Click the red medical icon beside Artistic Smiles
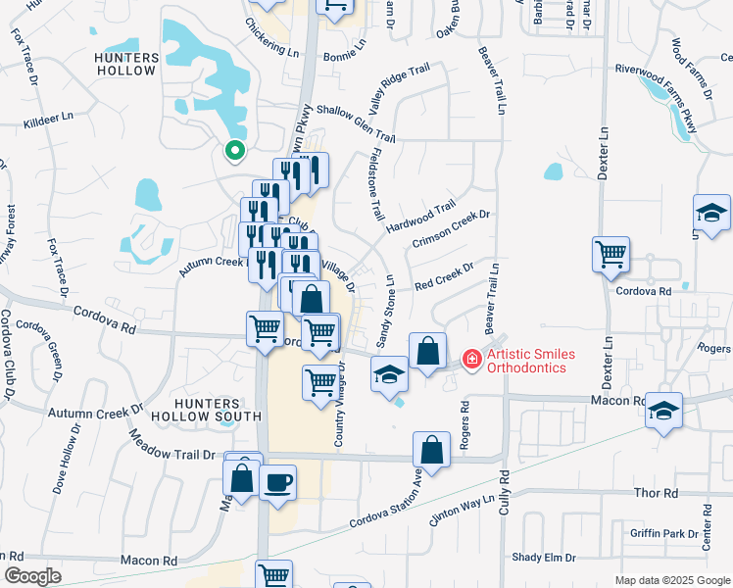471,360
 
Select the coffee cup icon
278,482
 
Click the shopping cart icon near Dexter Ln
611,255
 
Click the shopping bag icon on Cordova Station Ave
431,450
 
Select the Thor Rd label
657,494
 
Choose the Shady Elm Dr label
543,558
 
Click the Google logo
32,576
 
